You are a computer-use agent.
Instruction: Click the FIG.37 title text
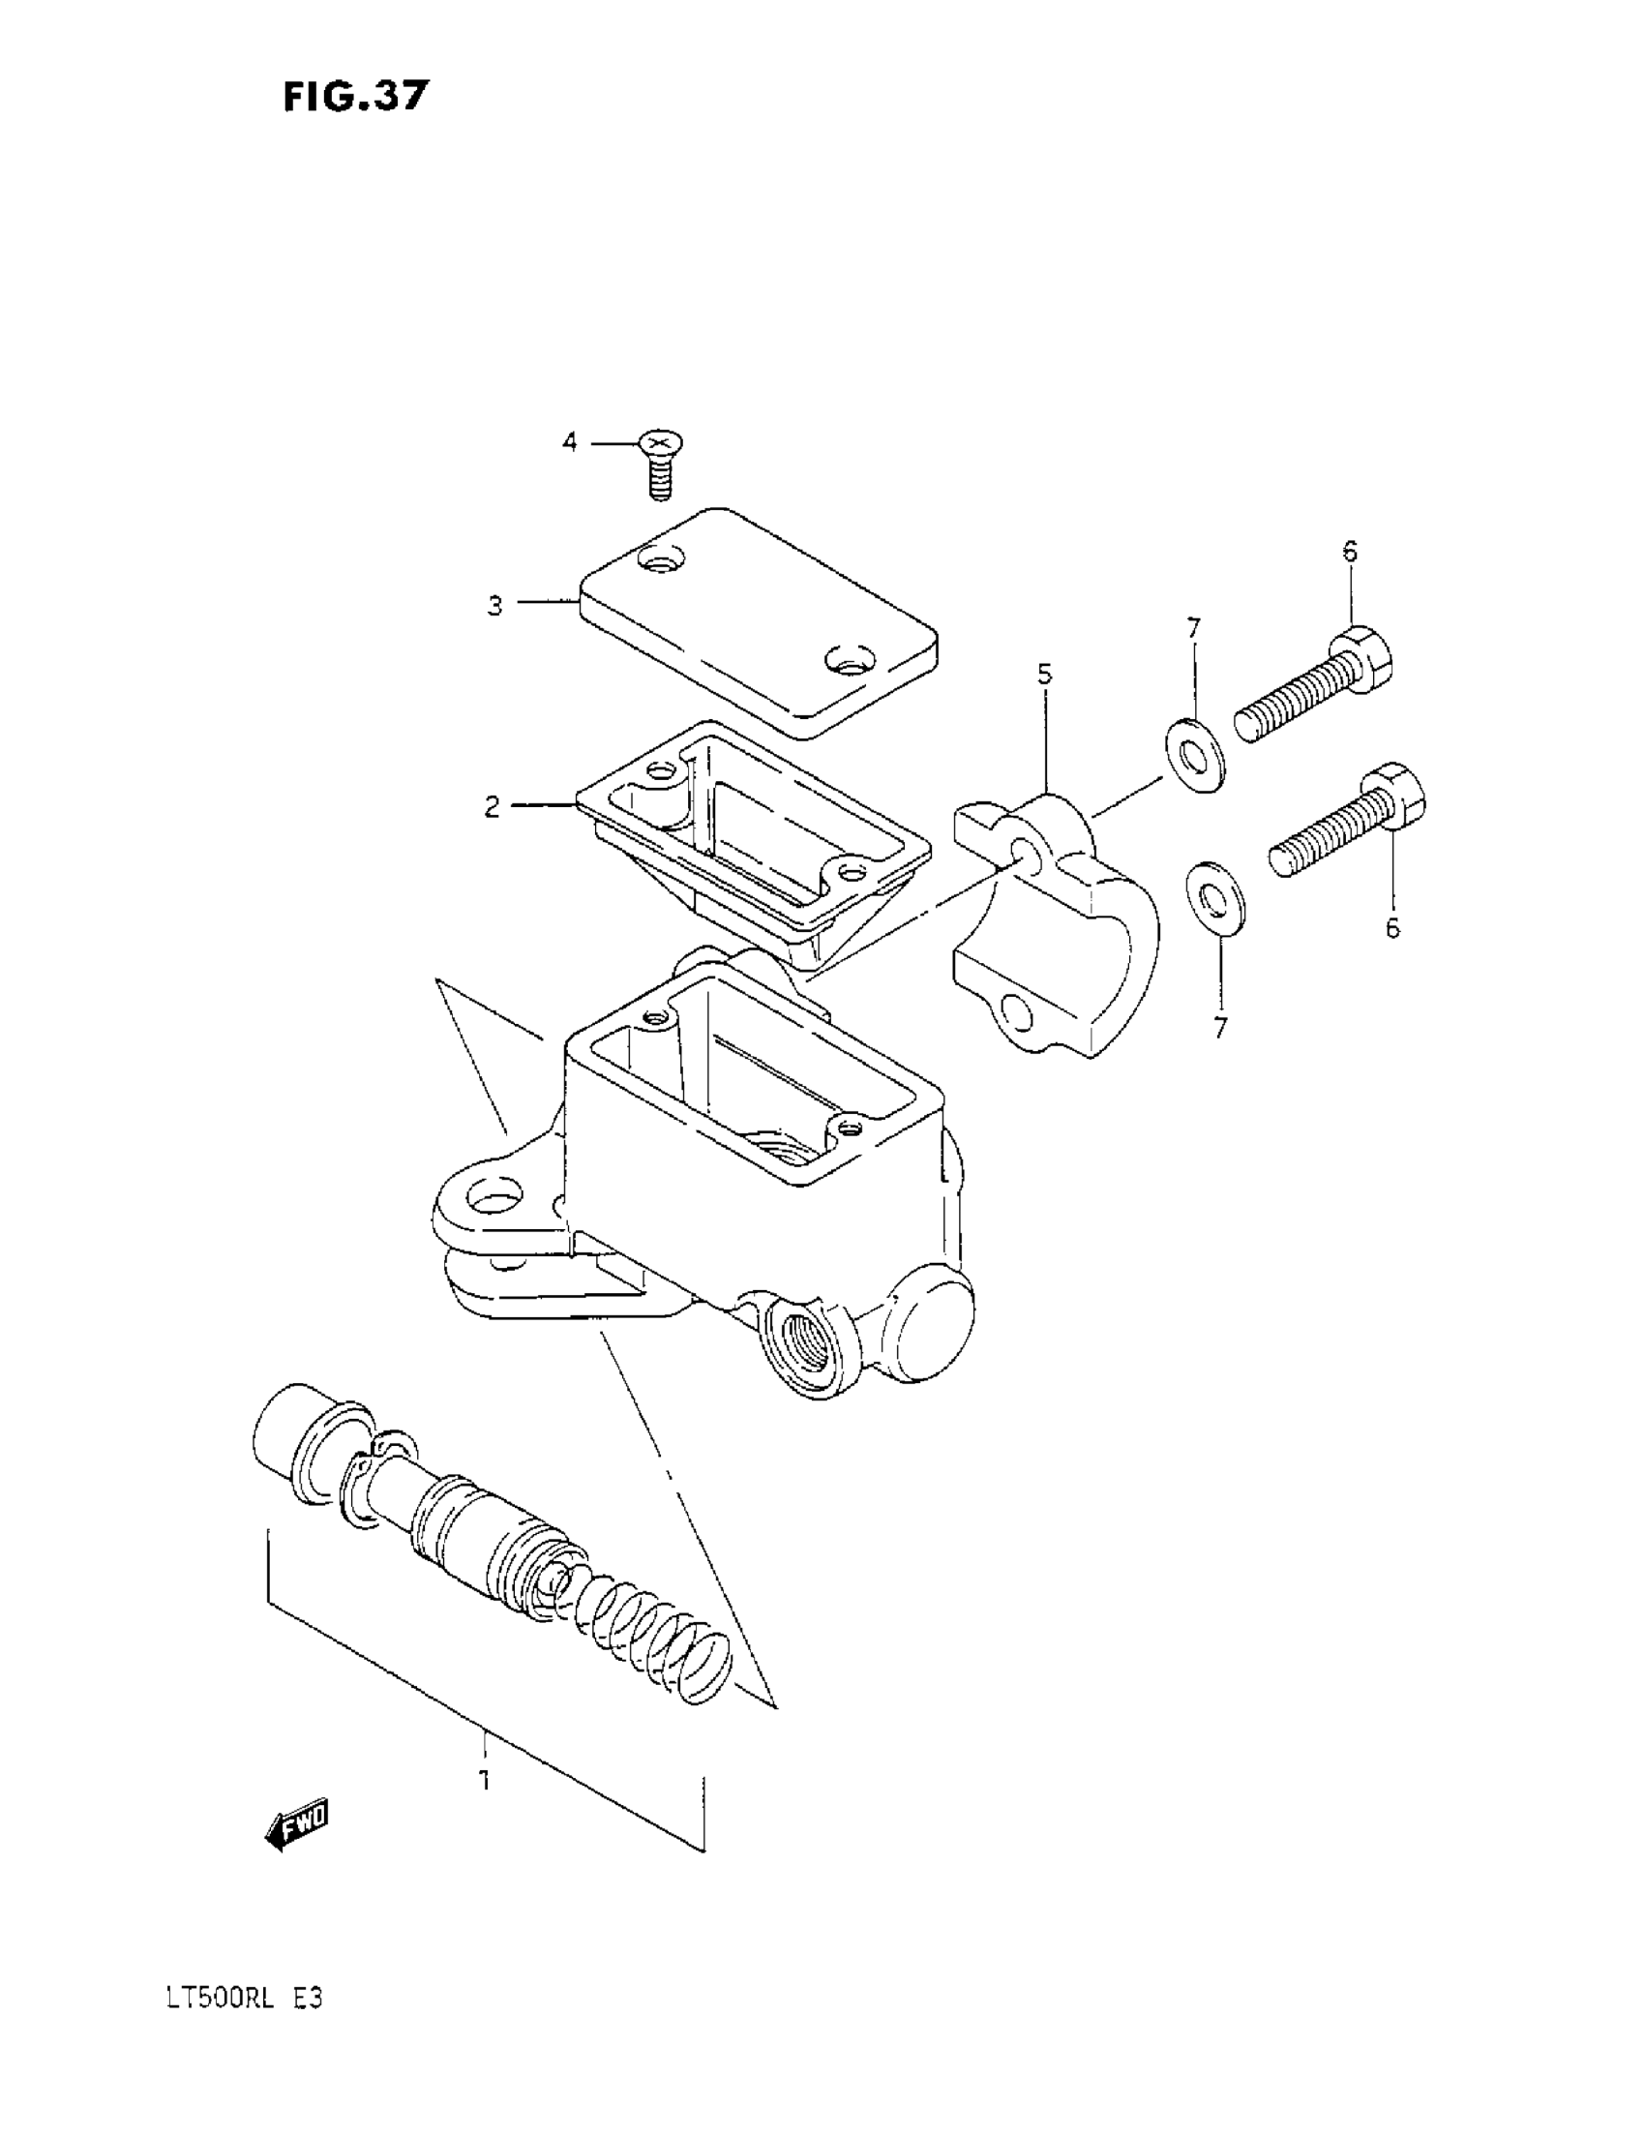[x=356, y=97]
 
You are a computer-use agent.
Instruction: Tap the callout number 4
[x=569, y=443]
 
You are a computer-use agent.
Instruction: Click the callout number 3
[x=495, y=607]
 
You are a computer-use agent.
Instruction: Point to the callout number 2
[x=492, y=807]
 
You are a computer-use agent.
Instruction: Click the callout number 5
[x=1044, y=674]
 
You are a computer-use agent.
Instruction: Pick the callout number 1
[x=484, y=1780]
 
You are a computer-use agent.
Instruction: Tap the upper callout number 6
[x=1350, y=553]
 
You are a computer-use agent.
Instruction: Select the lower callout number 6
[x=1392, y=927]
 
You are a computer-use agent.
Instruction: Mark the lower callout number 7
[x=1219, y=1028]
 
